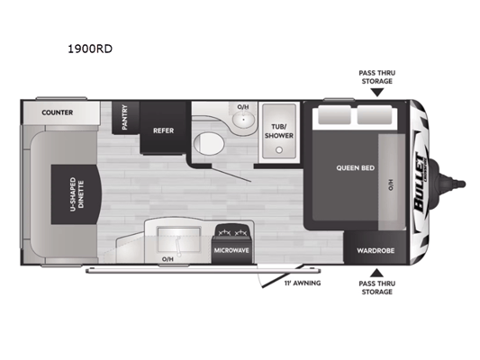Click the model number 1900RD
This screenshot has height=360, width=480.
(90, 49)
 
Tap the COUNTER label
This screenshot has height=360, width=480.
(58, 112)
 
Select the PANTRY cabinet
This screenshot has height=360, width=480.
(125, 118)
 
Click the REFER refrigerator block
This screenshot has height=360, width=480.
(163, 127)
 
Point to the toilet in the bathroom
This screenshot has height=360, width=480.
(209, 143)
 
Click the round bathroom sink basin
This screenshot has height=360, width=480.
(244, 119)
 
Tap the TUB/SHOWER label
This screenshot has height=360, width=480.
(279, 130)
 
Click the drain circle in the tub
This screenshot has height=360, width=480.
(279, 150)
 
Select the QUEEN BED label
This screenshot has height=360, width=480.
(356, 168)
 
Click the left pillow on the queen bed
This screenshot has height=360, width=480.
(334, 115)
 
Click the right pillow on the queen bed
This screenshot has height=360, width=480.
(375, 115)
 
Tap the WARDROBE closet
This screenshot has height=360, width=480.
(375, 247)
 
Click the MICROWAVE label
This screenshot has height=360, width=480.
(231, 250)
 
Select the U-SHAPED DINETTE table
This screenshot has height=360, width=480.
(76, 194)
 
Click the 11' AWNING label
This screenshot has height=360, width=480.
(303, 283)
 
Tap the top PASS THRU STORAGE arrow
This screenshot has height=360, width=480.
(377, 93)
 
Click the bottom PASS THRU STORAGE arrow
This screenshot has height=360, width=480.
(377, 273)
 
